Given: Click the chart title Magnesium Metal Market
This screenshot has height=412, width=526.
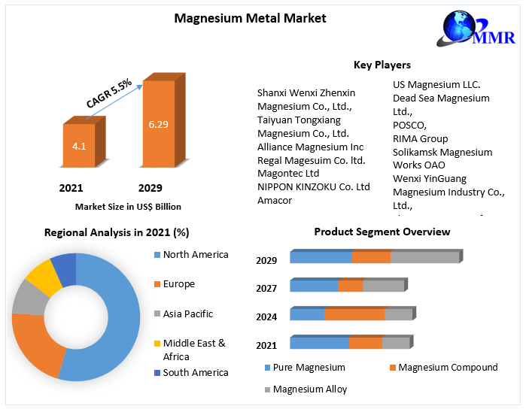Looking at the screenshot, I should point(250,18).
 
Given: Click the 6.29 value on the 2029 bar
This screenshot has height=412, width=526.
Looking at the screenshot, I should point(158,124).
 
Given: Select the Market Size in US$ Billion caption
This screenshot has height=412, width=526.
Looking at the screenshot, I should point(128,207).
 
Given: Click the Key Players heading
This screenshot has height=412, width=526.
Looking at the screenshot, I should point(382,65).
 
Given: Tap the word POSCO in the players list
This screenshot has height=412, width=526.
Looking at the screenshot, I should point(409,125).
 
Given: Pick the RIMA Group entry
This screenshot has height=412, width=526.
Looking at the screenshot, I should point(420,138).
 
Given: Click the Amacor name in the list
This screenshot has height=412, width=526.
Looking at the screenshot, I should point(275,200).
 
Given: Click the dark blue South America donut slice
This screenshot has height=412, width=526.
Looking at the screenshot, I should point(64,268).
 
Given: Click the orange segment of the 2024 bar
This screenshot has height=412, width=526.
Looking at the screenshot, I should point(354,314).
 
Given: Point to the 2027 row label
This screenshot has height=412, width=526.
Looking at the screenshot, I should point(266,288).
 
